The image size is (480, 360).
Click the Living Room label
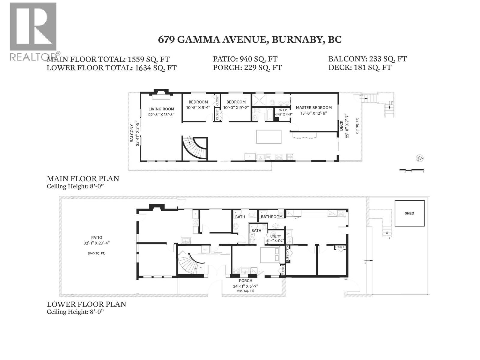[x=161, y=109]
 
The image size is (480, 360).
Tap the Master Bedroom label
[x=313, y=108]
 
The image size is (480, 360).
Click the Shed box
[x=409, y=213]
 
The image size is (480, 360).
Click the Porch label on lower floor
[x=245, y=281]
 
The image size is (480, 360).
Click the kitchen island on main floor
[x=268, y=137]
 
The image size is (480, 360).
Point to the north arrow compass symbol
[x=420, y=158]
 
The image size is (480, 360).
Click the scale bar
[x=412, y=170]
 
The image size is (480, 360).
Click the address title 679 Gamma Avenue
[x=250, y=40]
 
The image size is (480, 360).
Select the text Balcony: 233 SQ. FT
[x=367, y=59]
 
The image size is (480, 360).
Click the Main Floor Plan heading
[x=83, y=178]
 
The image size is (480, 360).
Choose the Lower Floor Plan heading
[x=86, y=304]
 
